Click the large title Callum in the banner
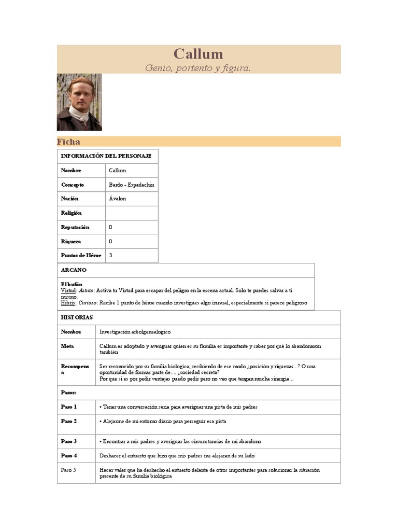[198, 54]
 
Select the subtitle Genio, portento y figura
[198, 68]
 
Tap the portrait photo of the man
[79, 102]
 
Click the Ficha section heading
[68, 142]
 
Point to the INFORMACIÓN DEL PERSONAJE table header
[106, 156]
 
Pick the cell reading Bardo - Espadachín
[132, 185]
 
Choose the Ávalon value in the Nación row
[118, 199]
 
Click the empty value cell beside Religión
[132, 213]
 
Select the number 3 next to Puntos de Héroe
[111, 256]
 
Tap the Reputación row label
[75, 227]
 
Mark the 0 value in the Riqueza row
[111, 242]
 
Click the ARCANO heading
[74, 270]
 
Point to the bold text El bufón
[72, 285]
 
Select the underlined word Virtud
[68, 291]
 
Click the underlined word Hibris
[68, 302]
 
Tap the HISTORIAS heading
[77, 317]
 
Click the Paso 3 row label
[69, 441]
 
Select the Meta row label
[67, 346]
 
